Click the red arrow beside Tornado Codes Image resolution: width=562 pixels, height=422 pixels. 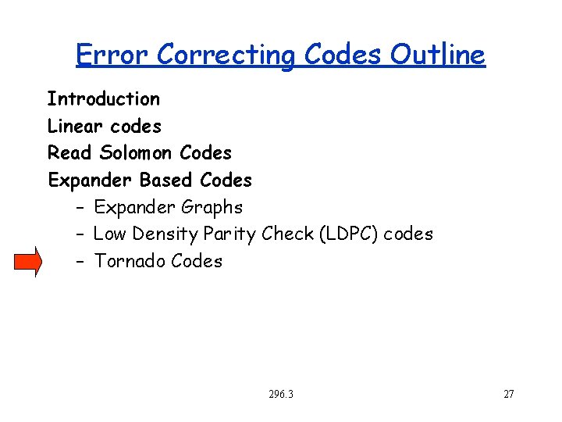coord(27,261)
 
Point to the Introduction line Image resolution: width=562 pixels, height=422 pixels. coord(103,99)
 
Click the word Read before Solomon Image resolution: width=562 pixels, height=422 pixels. coord(69,153)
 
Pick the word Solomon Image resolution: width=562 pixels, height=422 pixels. coord(137,153)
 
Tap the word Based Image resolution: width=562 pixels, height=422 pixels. coord(166,181)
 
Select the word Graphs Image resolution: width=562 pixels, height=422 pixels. coord(212,208)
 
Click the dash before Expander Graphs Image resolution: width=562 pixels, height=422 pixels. coord(80,208)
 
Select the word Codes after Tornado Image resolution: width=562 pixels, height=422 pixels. coord(196,262)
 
